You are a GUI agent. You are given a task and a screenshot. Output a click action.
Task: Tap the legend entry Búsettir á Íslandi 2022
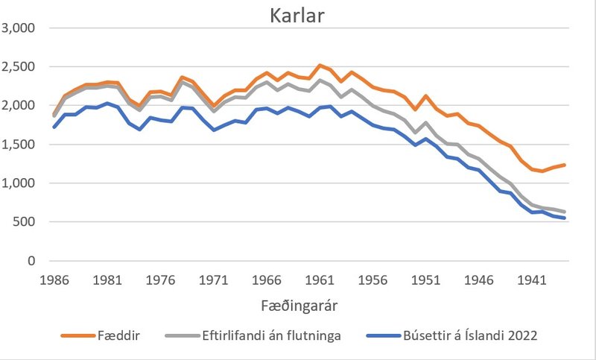pos(453,336)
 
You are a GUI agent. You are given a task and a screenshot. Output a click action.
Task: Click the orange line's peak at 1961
pos(320,66)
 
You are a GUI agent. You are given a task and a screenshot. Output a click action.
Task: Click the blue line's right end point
pos(564,218)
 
